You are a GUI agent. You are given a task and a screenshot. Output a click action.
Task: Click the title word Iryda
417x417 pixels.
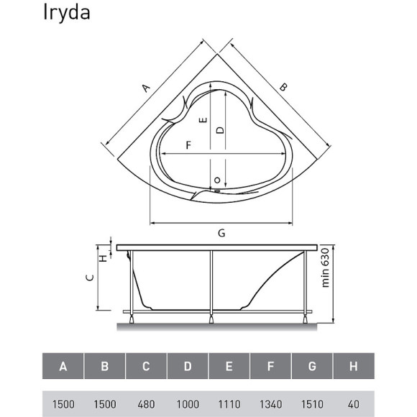[x=66, y=14]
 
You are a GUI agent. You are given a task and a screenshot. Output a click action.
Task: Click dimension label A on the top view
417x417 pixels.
[x=146, y=88]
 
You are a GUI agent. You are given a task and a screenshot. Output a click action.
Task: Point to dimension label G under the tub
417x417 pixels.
[x=221, y=233]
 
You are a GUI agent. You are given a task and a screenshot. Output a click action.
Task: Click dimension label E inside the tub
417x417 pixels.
[x=204, y=122]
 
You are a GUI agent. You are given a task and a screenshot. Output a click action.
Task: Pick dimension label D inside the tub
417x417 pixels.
[x=221, y=129]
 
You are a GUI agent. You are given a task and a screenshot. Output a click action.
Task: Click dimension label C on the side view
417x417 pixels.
[x=88, y=278]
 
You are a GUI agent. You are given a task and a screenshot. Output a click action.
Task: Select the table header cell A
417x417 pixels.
[x=63, y=367]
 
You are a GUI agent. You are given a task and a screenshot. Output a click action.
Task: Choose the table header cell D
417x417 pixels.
[x=187, y=367]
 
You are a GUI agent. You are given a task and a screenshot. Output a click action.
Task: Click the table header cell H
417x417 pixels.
[x=353, y=367]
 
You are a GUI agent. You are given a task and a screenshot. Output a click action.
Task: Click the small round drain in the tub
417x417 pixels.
[x=215, y=180]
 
